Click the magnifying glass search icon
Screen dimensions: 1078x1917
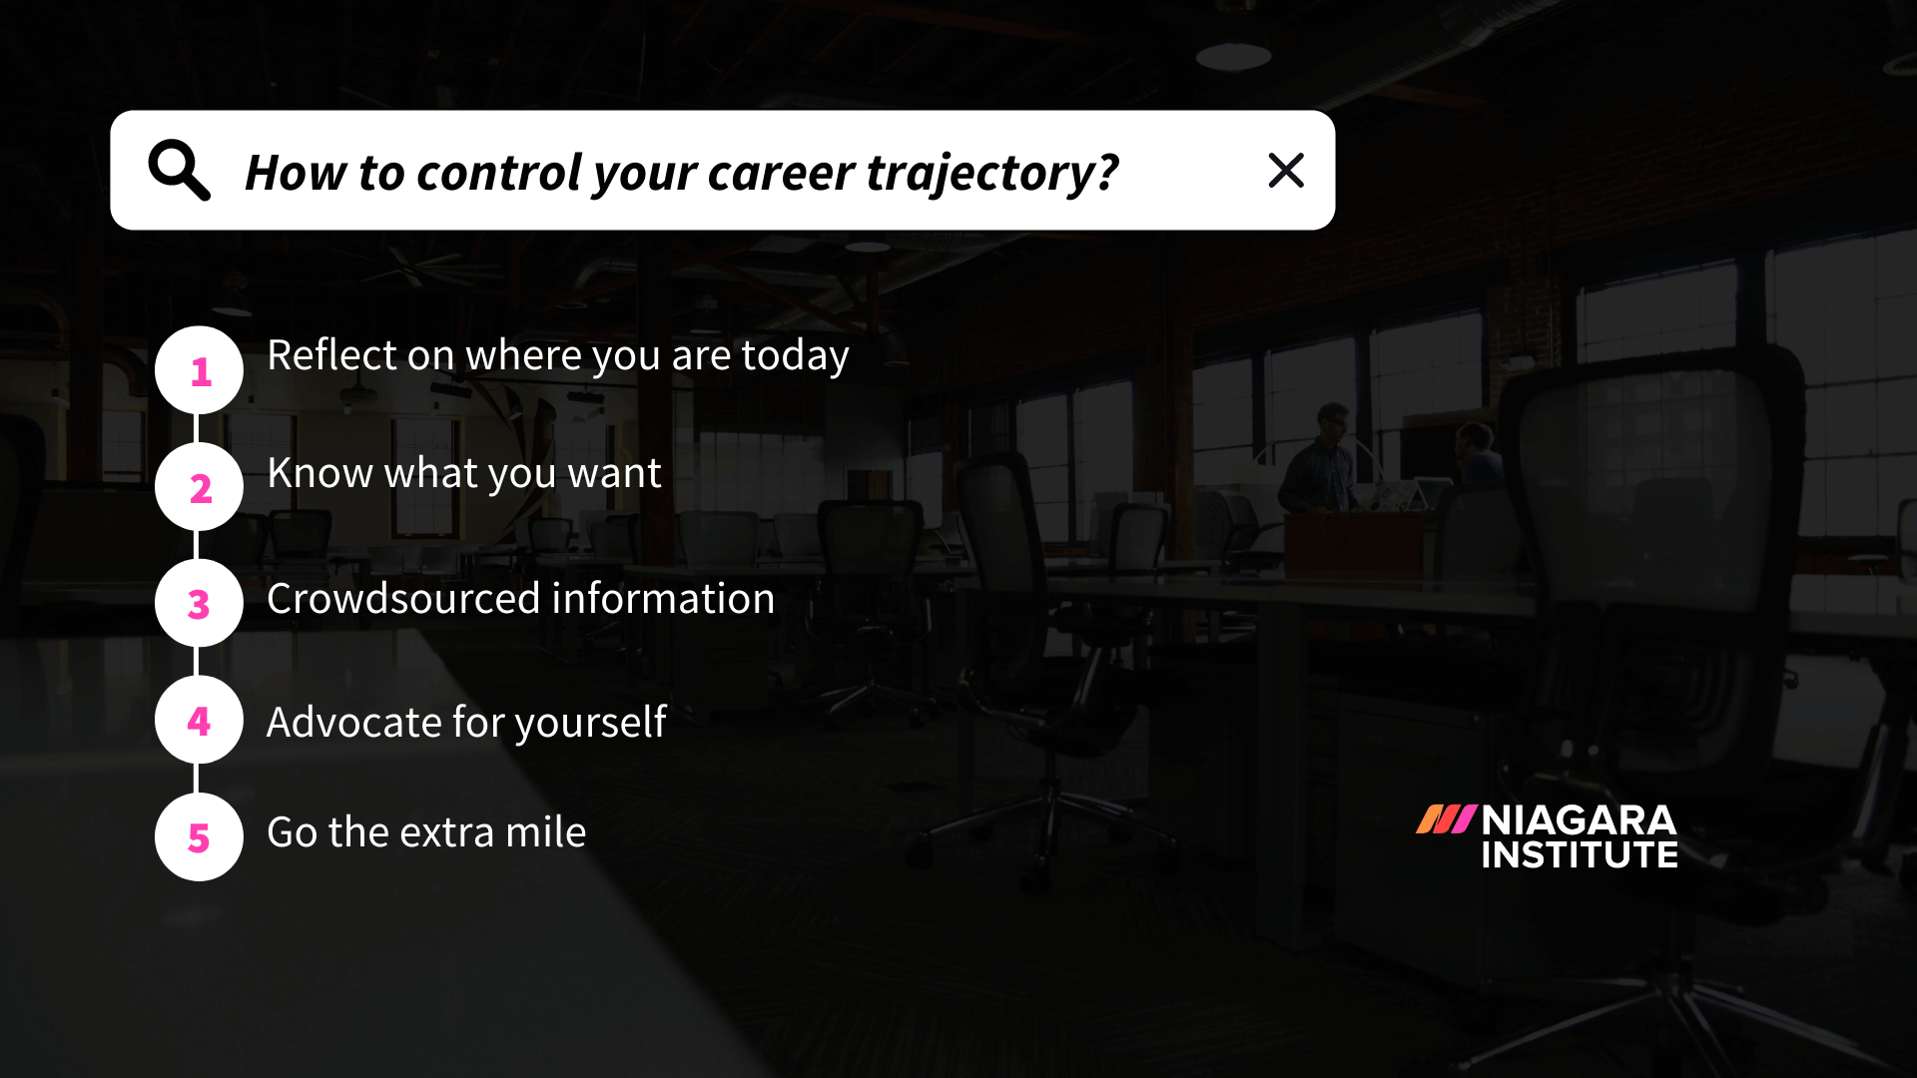179,170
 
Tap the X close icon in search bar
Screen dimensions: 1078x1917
1286,170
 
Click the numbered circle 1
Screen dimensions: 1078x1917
199,370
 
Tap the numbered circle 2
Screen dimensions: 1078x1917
199,487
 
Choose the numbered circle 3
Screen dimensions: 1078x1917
199,603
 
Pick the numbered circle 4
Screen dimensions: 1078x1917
199,720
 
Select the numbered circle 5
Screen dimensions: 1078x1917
199,836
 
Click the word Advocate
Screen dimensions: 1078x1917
353,722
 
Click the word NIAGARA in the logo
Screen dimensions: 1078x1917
1579,820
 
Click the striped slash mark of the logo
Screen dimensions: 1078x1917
1446,819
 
